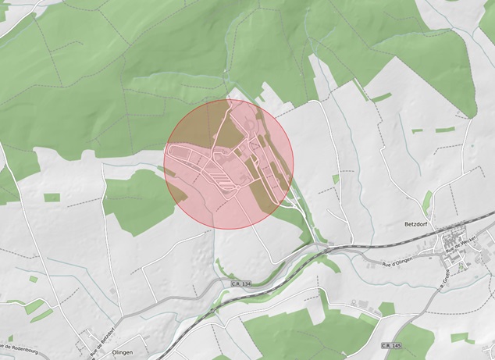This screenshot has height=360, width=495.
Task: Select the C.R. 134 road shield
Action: pyautogui.click(x=242, y=284)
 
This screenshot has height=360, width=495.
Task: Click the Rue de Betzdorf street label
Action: pyautogui.click(x=105, y=331)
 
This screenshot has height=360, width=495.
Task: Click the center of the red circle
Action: pyautogui.click(x=229, y=164)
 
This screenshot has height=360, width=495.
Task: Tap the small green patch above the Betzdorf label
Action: pyautogui.click(x=426, y=203)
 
